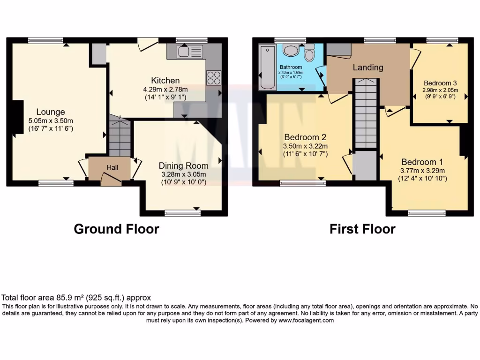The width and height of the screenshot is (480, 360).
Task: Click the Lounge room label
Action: pos(51,112)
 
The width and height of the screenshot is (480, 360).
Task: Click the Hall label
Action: pos(112,167)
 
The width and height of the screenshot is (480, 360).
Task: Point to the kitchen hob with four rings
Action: pos(213,78)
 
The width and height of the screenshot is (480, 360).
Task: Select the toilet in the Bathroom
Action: pos(309,53)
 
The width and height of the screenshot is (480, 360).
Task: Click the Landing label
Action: pos(368,67)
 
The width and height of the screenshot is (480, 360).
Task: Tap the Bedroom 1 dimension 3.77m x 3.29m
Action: pos(422,171)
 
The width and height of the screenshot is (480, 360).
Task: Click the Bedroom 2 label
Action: pos(305,137)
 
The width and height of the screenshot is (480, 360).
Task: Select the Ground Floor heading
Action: pos(116,229)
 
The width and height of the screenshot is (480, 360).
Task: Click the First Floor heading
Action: pos(362,229)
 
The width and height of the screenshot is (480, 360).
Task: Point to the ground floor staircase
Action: pos(119,136)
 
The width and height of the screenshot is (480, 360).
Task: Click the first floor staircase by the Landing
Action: pos(365,113)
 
